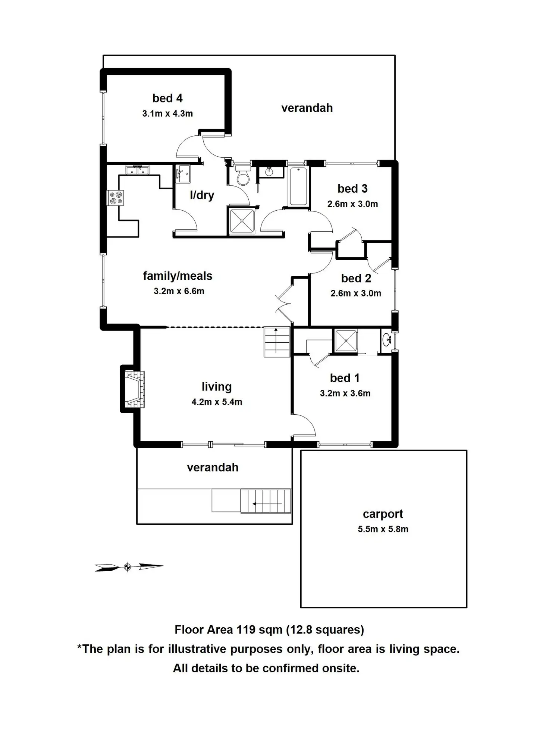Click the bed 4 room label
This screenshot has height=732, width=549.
167,98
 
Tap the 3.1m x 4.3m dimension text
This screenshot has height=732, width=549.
167,114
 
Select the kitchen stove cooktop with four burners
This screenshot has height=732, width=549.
115,198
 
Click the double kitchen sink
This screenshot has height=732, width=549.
137,170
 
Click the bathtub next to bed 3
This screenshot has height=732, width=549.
298,186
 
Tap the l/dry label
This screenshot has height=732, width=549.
202,195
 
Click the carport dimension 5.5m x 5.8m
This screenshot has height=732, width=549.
383,529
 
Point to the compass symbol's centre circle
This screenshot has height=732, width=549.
128,567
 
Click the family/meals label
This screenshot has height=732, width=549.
178,276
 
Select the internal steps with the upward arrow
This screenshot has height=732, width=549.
277,342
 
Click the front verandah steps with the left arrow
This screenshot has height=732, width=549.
265,501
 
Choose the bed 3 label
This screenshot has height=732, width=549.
352,189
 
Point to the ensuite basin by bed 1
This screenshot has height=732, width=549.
386,340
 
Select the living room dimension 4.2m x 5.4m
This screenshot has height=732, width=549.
217,402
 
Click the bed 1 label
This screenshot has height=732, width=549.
345,378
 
